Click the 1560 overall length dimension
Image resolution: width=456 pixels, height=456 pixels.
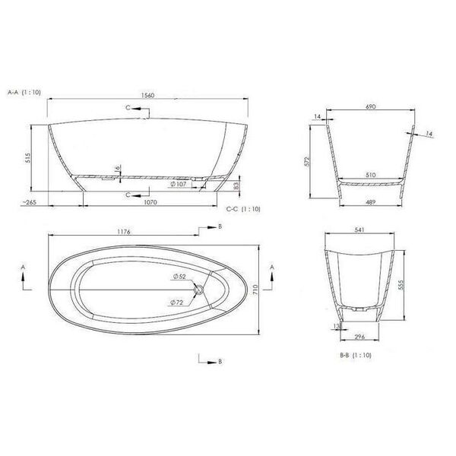pos(147,96)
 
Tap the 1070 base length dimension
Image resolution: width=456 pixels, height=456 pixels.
pos(150,202)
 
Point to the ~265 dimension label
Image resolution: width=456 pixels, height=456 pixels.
pos(29,202)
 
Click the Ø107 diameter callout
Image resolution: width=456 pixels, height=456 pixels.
pos(179,184)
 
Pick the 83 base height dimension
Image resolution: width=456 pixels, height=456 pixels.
pos(236,185)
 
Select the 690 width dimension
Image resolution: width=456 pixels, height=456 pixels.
pos(371,106)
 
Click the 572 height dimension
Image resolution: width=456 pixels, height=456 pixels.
pos(309,161)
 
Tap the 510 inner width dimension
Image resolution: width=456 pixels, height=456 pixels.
pos(371,175)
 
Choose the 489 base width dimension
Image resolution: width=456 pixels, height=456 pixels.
pos(370,202)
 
